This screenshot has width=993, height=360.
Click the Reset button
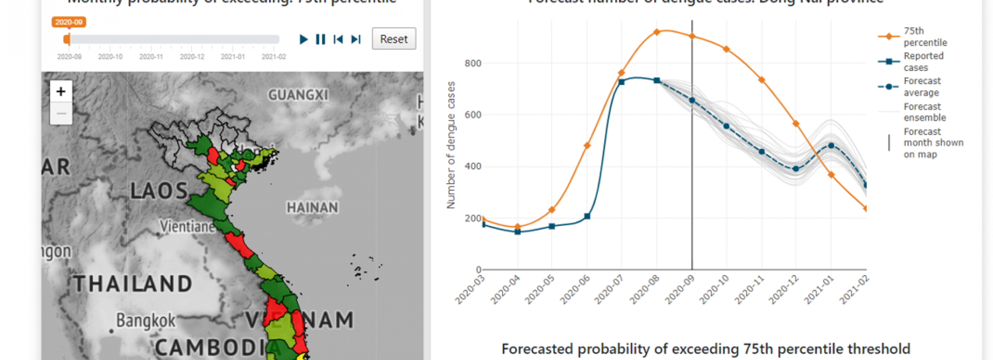pos(394,39)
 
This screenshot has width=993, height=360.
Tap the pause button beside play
pos(321,39)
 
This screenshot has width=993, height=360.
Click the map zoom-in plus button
pos(61,91)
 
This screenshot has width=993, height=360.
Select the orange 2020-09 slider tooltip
pos(69,22)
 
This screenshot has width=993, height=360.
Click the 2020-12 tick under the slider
pos(192,57)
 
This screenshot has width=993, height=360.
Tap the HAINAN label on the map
pos(312,207)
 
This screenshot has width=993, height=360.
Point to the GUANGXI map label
pos(298,94)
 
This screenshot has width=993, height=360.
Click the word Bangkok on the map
pos(145,320)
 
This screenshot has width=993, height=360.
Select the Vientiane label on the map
pos(188,226)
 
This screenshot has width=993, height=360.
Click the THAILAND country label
pos(133,284)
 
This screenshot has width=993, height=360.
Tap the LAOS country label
pos(159,191)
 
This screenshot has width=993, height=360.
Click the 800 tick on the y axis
pos(473,63)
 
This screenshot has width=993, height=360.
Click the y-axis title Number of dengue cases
pos(451,145)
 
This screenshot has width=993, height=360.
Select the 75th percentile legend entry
pos(924,37)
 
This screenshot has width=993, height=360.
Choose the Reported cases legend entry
pos(923,62)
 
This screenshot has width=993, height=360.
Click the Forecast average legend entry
pos(922,86)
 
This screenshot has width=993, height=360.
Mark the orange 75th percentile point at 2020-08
pos(656,32)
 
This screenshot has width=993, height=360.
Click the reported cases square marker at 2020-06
pos(587,216)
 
